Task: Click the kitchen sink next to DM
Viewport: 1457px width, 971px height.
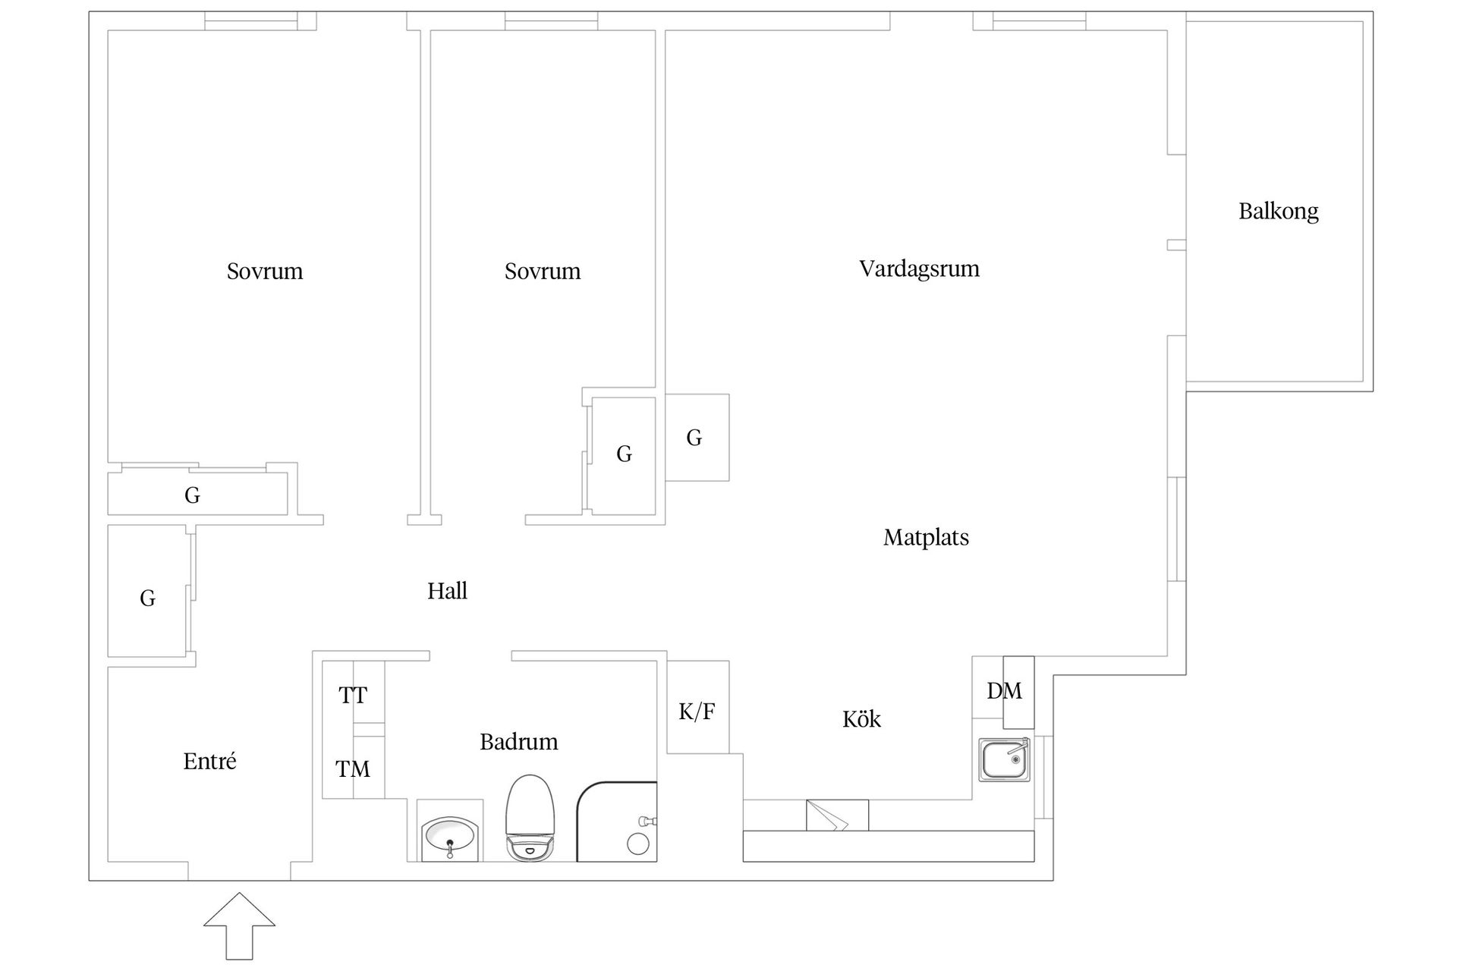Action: point(1004,759)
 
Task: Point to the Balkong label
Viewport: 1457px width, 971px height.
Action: point(1279,211)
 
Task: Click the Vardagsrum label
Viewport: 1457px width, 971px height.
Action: point(919,269)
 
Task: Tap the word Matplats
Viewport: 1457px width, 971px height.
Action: point(926,538)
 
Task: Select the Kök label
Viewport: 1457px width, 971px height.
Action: point(861,719)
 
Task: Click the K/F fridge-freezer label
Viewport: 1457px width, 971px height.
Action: point(697,712)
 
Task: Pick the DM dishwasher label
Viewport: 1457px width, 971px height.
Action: point(1004,691)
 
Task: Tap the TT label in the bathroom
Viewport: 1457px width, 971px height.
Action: point(353,695)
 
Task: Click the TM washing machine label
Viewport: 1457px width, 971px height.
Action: point(353,769)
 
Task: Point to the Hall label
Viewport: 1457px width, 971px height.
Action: point(447,591)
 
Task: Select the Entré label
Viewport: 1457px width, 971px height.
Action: point(209,761)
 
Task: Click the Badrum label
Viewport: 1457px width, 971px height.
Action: point(518,741)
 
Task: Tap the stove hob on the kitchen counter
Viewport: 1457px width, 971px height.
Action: point(837,815)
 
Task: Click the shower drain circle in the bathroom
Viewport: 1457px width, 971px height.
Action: point(637,844)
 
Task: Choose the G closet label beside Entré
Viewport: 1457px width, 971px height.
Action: point(148,599)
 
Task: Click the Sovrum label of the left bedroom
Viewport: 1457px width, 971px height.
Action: point(265,271)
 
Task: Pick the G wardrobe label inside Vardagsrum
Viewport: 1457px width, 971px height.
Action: point(694,438)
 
